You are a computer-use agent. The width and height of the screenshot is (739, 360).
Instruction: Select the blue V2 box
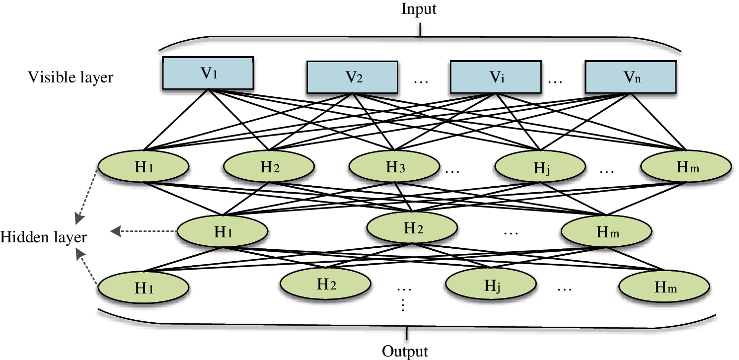(352, 77)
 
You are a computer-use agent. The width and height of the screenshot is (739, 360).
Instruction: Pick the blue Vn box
(630, 77)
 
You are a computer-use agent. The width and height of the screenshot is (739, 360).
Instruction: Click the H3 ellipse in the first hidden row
(393, 167)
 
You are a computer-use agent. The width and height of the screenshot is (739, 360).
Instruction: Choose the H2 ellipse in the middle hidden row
(412, 229)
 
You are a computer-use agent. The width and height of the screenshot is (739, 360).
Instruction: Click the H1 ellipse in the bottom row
(143, 288)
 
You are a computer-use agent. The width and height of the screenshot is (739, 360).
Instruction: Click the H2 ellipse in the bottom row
(325, 285)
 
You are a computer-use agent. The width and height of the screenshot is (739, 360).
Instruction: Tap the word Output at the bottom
(405, 352)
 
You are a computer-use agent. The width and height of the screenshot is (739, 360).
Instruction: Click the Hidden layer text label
(44, 237)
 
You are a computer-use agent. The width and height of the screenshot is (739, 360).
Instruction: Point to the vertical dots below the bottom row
(403, 304)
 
